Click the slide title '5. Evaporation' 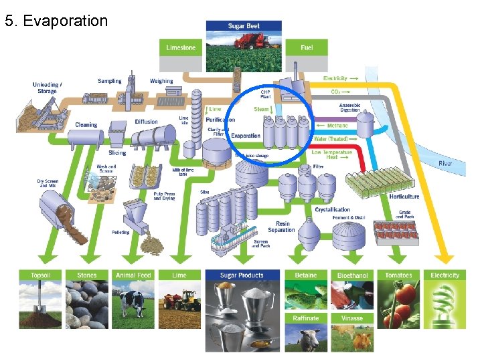[x=56, y=21]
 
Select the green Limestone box [x=181, y=47]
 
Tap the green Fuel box [x=307, y=47]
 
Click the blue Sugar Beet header [x=244, y=26]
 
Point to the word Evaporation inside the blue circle [x=246, y=136]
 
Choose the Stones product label [x=87, y=275]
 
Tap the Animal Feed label [x=133, y=275]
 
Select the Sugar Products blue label [x=242, y=275]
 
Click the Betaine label [x=306, y=275]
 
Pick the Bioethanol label [x=352, y=275]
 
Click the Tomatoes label [x=398, y=275]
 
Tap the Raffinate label [x=306, y=318]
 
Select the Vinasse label [x=352, y=318]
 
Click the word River [x=445, y=163]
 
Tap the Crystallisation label [x=332, y=209]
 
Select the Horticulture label [x=404, y=197]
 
